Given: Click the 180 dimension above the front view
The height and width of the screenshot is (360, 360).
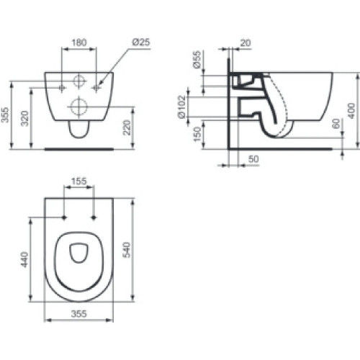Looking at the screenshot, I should click(x=80, y=42).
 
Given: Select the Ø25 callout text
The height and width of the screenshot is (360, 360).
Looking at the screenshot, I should click(x=140, y=42).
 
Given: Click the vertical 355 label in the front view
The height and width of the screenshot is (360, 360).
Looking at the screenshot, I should click(x=8, y=113).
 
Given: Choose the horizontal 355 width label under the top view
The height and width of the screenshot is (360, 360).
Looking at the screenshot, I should click(x=79, y=314).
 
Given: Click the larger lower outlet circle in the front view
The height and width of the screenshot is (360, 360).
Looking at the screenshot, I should click(x=80, y=108).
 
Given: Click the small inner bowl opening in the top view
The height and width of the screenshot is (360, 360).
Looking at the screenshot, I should click(x=79, y=251).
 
